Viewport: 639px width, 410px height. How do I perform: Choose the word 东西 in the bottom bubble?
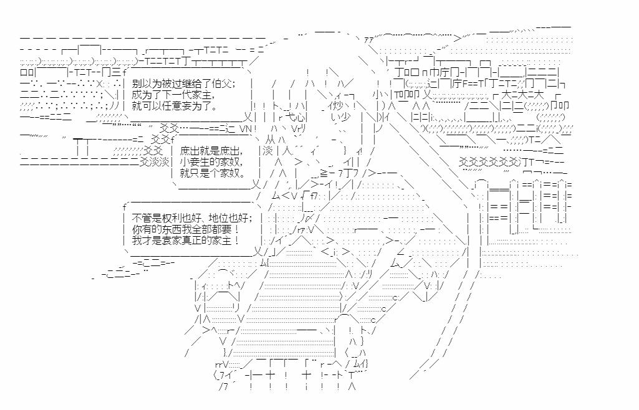(174, 229)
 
